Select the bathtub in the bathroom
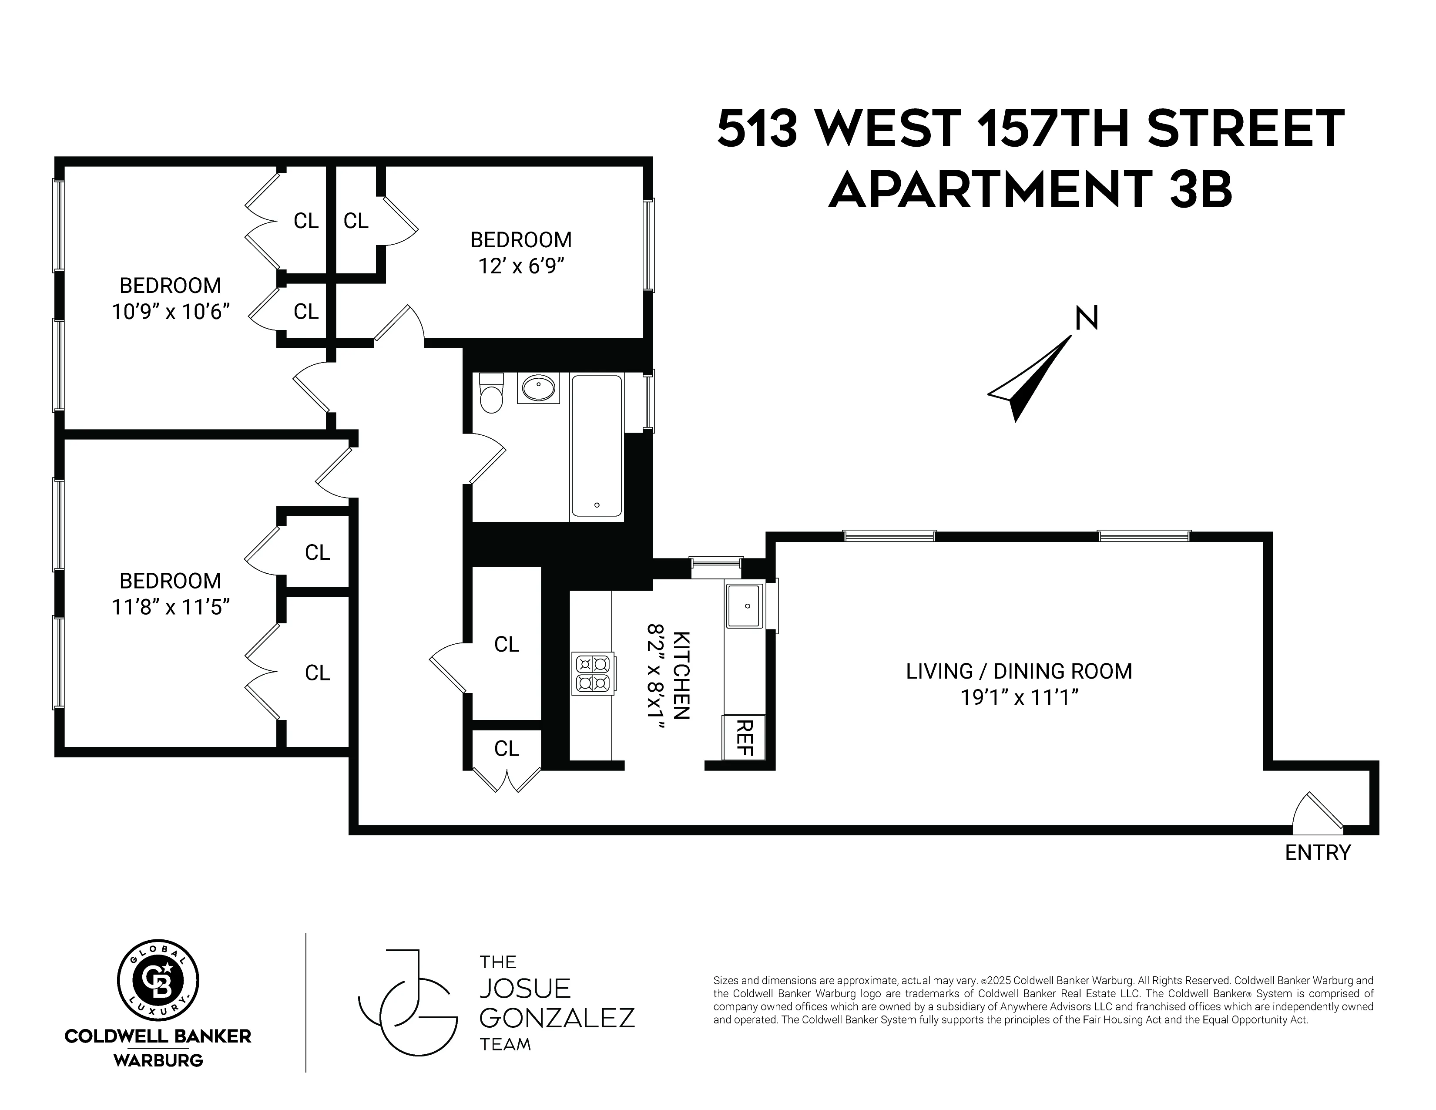click(x=596, y=446)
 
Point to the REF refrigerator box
click(x=744, y=737)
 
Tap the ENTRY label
click(x=1318, y=852)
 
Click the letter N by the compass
click(x=1086, y=319)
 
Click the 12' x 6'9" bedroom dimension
click(x=521, y=266)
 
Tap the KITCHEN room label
click(x=682, y=675)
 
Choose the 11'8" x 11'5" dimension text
click(x=170, y=607)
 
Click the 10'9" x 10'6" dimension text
click(x=170, y=312)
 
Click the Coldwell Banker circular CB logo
click(x=158, y=981)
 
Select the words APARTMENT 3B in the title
click(x=1030, y=189)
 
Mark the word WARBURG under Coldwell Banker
click(x=158, y=1060)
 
